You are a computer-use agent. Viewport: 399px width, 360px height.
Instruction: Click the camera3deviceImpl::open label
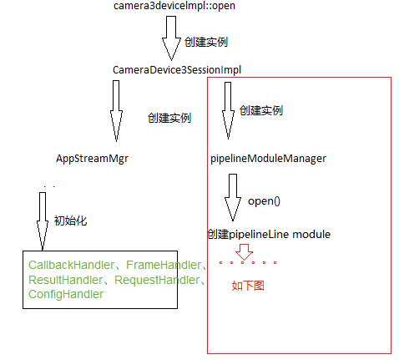[175, 7]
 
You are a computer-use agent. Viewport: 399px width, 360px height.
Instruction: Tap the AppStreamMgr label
[92, 158]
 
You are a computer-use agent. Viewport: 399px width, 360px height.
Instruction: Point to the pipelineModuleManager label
[270, 158]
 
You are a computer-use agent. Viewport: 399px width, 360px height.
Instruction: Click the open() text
[265, 200]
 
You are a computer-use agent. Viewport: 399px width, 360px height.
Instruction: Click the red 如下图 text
[248, 286]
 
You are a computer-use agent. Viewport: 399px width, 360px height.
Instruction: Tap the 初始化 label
[71, 221]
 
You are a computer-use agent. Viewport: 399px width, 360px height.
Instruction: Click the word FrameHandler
[163, 265]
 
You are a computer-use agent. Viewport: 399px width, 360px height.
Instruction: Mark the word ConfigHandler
[65, 295]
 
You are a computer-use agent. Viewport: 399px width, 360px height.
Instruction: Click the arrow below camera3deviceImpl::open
[172, 37]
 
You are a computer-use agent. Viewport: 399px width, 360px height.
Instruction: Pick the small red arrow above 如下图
[244, 251]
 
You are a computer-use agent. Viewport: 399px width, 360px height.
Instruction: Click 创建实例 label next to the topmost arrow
[205, 42]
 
